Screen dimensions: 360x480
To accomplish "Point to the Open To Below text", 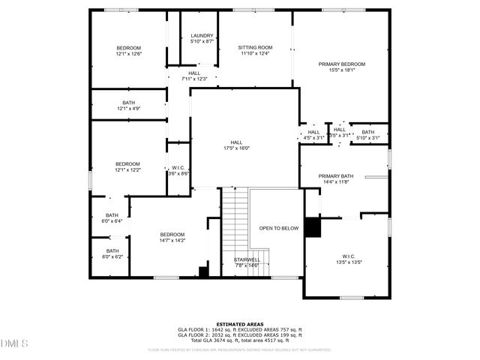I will (x=279, y=228).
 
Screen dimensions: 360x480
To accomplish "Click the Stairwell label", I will (x=246, y=262).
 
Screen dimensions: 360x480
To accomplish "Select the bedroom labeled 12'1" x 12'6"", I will (x=128, y=51).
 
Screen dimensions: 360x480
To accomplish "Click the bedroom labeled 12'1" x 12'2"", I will (x=127, y=166).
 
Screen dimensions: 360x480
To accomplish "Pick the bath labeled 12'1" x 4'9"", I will (x=128, y=106).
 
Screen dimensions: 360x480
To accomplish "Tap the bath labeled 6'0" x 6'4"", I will (x=112, y=217).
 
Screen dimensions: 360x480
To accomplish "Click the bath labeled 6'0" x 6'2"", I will (x=112, y=253).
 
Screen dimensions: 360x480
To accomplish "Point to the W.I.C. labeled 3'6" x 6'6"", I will (x=178, y=170).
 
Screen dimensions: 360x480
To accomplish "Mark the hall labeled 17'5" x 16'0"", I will (x=236, y=145).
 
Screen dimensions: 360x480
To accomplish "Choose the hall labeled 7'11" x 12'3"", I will (x=194, y=76).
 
